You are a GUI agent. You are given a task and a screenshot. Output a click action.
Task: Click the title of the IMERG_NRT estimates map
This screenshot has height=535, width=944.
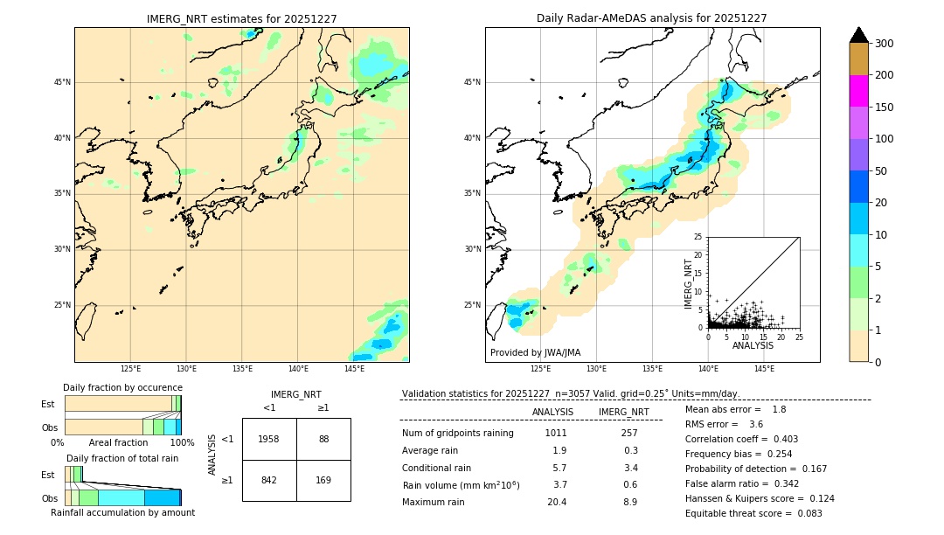pyautogui.click(x=241, y=18)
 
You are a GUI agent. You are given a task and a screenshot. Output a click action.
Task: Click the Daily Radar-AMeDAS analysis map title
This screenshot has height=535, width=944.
pyautogui.click(x=652, y=18)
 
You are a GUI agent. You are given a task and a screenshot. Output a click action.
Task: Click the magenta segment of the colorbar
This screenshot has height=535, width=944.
pyautogui.click(x=859, y=91)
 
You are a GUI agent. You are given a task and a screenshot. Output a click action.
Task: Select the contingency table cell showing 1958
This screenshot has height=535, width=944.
pyautogui.click(x=269, y=439)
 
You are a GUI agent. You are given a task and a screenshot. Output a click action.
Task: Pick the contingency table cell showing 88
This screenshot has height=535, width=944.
pyautogui.click(x=323, y=439)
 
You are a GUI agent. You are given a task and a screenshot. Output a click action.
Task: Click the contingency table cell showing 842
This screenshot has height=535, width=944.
pyautogui.click(x=269, y=480)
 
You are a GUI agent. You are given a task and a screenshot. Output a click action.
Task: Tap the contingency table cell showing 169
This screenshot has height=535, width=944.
pyautogui.click(x=323, y=480)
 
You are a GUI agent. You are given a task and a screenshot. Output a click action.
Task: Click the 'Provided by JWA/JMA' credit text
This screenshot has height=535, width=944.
pyautogui.click(x=535, y=353)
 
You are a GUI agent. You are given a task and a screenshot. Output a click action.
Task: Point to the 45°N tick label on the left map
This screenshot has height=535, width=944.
pyautogui.click(x=62, y=82)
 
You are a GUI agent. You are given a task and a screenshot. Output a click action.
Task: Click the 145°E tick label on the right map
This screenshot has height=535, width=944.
pyautogui.click(x=764, y=370)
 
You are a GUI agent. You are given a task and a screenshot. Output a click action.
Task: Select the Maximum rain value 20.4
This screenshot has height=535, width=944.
pyautogui.click(x=557, y=502)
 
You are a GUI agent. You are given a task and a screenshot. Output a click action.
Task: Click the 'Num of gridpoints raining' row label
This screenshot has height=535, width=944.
pyautogui.click(x=458, y=433)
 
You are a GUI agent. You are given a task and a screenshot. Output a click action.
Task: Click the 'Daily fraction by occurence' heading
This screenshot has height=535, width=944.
pyautogui.click(x=122, y=387)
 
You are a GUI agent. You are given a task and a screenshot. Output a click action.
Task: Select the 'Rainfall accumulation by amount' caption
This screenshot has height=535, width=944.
pyautogui.click(x=122, y=512)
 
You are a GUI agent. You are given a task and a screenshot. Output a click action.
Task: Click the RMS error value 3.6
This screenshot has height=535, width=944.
pyautogui.click(x=756, y=424)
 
